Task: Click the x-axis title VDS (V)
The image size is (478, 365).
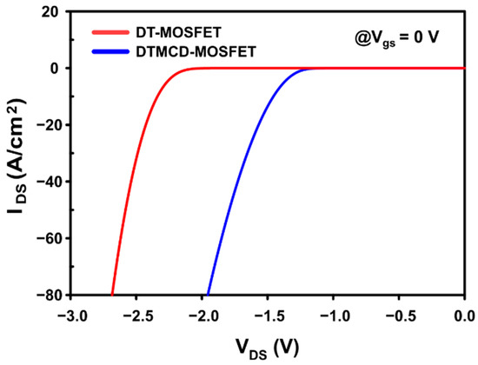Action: pos(267,346)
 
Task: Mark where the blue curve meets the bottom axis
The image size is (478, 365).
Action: pos(208,295)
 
